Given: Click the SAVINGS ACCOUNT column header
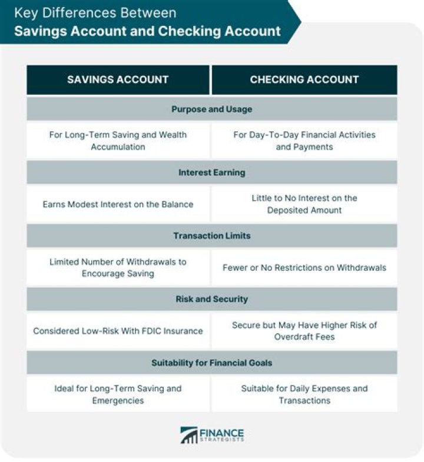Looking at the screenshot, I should (x=118, y=79).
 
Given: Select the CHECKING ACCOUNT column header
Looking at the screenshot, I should (x=304, y=79).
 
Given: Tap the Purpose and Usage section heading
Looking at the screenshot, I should (x=211, y=109).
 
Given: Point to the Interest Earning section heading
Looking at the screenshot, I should (x=211, y=172).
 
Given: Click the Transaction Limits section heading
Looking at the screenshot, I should (x=211, y=235).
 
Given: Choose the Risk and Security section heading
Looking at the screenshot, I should (x=211, y=299).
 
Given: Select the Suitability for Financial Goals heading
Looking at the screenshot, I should (x=211, y=363).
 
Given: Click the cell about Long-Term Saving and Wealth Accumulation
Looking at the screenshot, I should (x=118, y=141).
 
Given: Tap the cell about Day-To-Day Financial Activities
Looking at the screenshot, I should (x=304, y=141).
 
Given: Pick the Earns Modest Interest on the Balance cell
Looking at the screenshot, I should (x=118, y=204).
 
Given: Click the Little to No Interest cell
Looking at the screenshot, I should (x=304, y=204).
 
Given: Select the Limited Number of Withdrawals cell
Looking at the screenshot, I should (x=118, y=267).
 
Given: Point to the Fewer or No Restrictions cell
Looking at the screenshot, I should (x=304, y=267).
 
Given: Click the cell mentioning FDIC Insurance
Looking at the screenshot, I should (x=118, y=331).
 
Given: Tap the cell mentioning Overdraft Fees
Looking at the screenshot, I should (x=304, y=331).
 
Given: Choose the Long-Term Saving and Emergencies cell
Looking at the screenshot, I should (x=118, y=394).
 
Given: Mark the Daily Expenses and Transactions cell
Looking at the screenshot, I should (x=304, y=394).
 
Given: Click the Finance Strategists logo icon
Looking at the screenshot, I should (x=189, y=435).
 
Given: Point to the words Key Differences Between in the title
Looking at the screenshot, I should (x=95, y=12).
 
